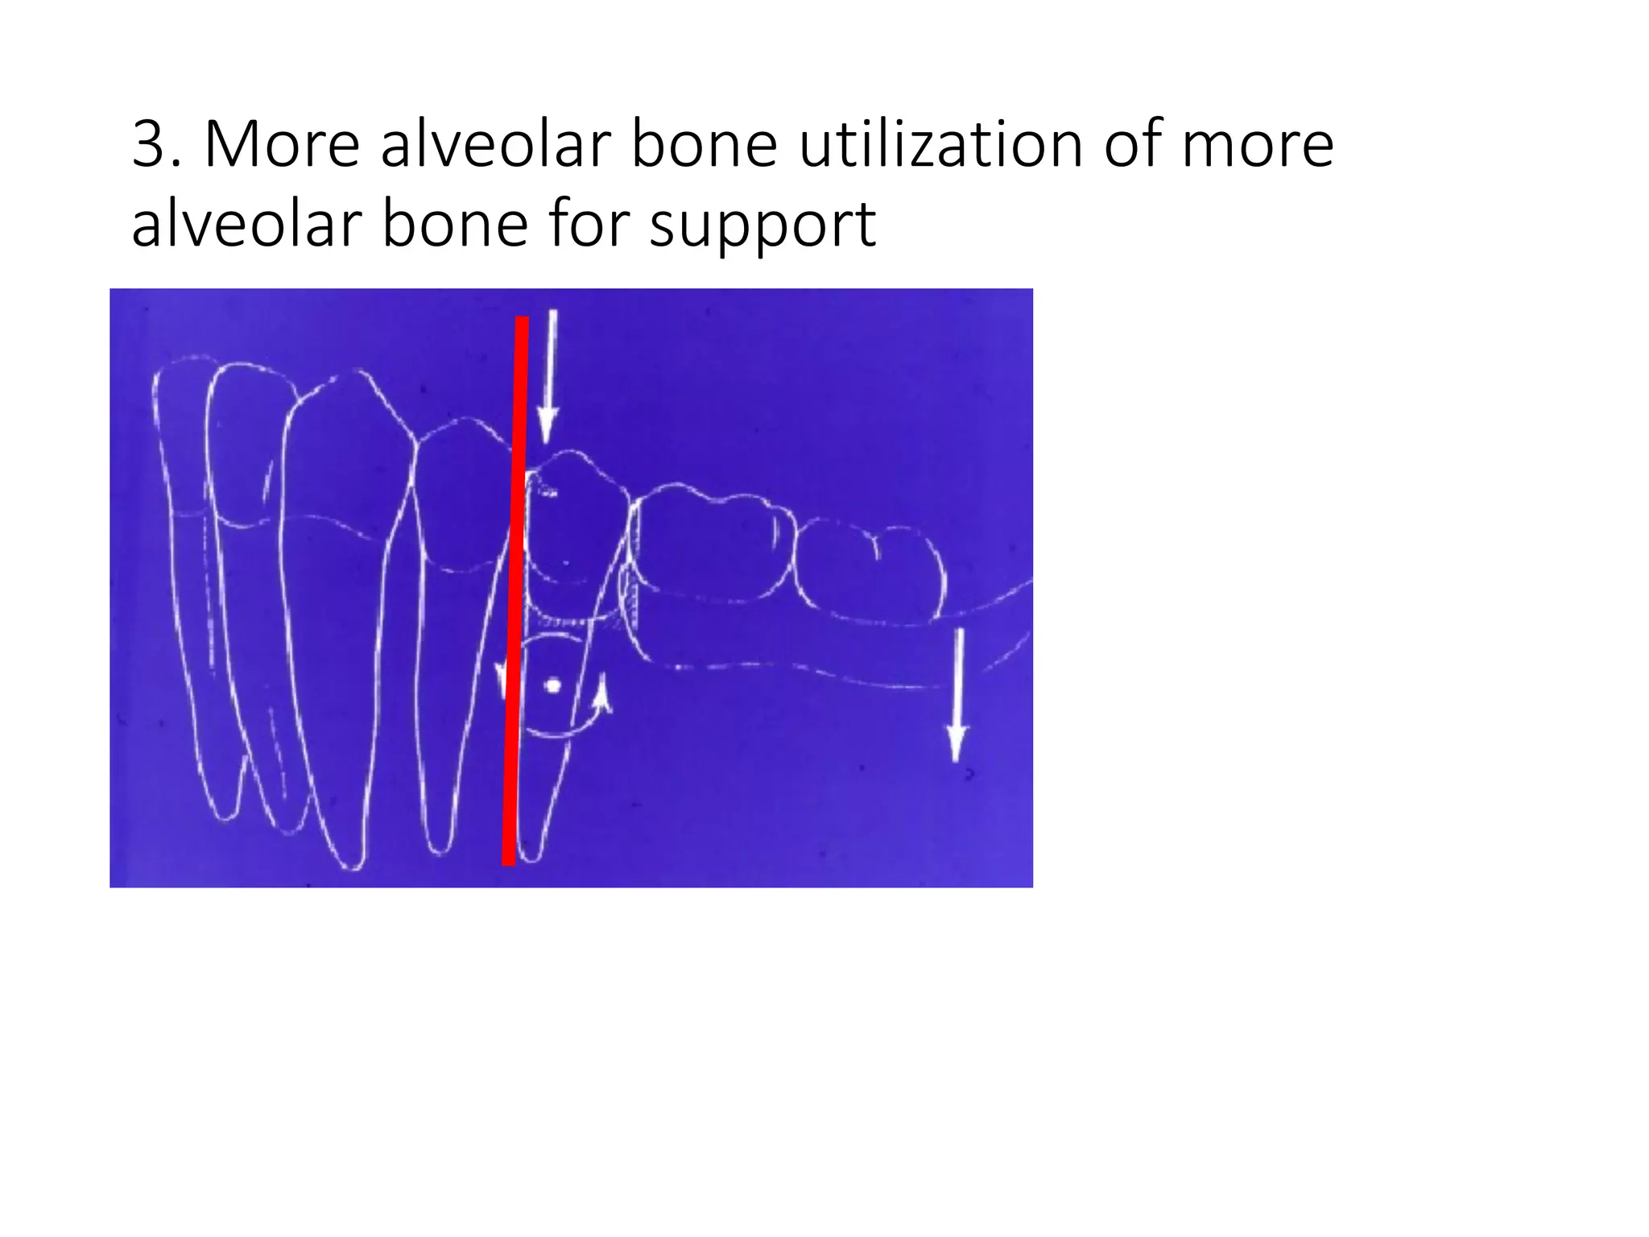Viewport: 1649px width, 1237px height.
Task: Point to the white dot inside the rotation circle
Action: point(552,685)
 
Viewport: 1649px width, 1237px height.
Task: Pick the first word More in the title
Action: point(282,145)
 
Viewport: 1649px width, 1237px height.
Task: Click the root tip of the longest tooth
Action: point(352,866)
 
